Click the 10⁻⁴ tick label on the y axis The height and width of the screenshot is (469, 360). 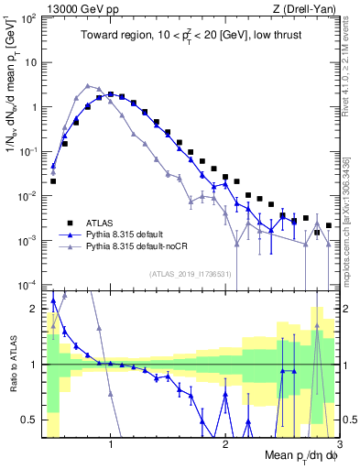click(x=29, y=284)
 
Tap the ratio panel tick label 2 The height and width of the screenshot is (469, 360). click(x=35, y=309)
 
